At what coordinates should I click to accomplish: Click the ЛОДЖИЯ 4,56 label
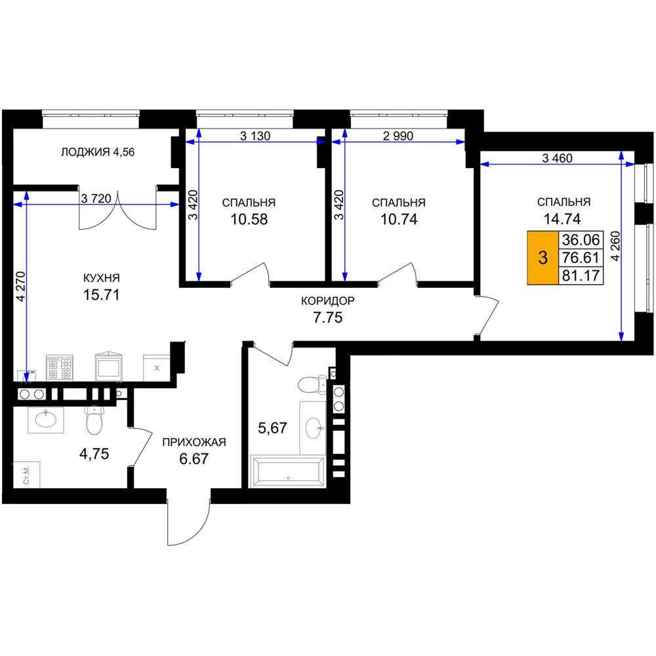98,152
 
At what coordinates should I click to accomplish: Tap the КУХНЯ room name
101,277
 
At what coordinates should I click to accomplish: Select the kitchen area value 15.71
101,295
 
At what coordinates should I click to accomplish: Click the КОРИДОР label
328,301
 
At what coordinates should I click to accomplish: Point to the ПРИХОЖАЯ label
194,441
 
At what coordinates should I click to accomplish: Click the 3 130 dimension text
255,136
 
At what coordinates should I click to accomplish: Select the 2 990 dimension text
398,136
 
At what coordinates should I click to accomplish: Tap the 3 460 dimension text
557,158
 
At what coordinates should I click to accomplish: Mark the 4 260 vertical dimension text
616,246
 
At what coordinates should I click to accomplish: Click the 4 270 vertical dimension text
20,287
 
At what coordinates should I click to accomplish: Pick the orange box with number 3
543,258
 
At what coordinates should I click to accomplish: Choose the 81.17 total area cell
581,276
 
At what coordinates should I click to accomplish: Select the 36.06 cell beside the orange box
581,239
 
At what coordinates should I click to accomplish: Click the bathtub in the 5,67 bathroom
287,472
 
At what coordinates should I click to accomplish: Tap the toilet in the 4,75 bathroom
94,420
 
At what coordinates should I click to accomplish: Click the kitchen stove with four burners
60,368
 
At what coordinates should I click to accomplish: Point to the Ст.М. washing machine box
27,475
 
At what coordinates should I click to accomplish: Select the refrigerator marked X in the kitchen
157,368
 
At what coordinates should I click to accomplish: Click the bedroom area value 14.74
562,219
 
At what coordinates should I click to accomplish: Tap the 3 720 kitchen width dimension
96,198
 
